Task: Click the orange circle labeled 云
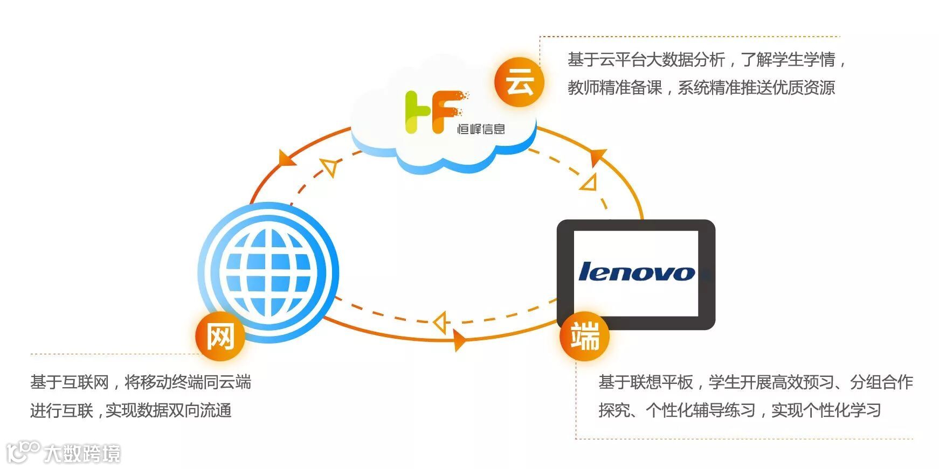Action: [x=519, y=82]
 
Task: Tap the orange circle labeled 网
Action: [x=220, y=337]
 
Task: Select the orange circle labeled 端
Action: [x=584, y=337]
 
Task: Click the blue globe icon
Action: [x=268, y=272]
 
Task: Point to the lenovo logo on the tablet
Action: [x=636, y=272]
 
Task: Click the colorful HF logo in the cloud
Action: [x=433, y=111]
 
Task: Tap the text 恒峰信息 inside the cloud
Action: [x=481, y=129]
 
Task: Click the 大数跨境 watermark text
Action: [x=82, y=453]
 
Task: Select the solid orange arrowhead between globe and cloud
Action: [x=286, y=157]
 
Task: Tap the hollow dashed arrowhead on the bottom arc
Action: [x=441, y=323]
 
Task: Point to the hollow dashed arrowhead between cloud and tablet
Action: [x=589, y=183]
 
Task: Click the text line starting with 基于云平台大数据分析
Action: [x=706, y=60]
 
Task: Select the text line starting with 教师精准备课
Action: [x=701, y=88]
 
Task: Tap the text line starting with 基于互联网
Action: [x=141, y=382]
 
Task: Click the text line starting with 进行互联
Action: [x=131, y=410]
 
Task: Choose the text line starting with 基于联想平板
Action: [x=755, y=382]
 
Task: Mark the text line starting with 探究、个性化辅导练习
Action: [x=740, y=410]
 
